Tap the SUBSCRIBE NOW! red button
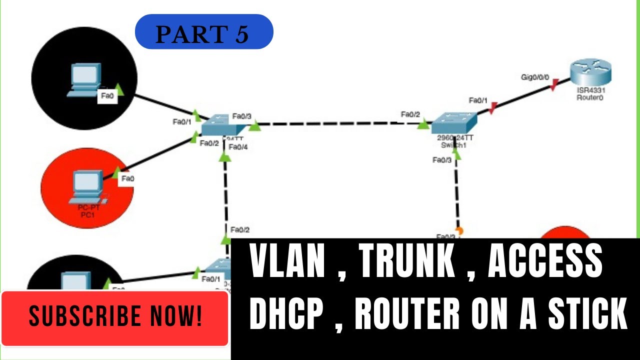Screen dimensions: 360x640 coord(115,316)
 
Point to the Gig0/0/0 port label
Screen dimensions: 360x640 coord(535,78)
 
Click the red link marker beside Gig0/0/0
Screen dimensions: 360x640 coord(554,88)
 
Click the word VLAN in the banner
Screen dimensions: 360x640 coord(287,260)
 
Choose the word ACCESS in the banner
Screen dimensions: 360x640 coord(545,260)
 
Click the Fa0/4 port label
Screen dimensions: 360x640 coord(238,146)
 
